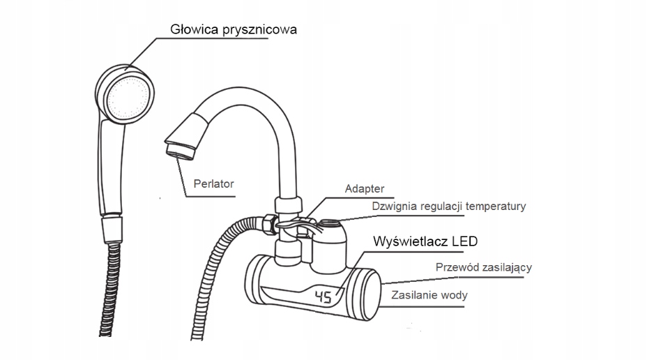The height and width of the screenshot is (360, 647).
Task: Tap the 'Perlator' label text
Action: click(x=214, y=184)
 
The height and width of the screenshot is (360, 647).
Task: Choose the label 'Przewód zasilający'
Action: click(x=485, y=267)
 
